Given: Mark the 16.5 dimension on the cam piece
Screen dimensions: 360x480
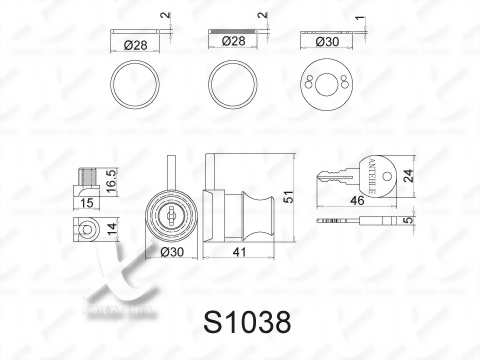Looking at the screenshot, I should point(112,186).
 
